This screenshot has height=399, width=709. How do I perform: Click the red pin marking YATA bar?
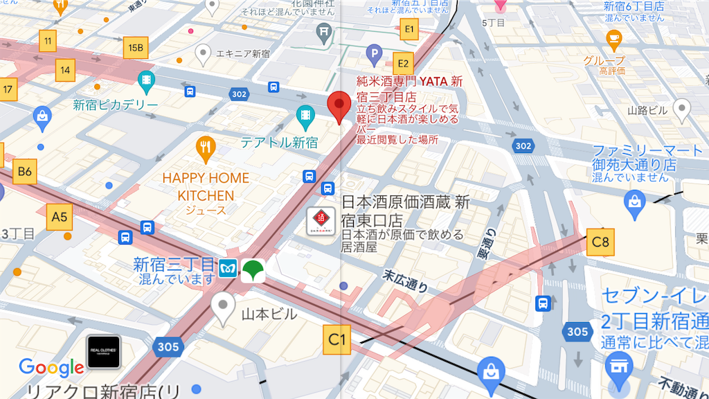[x=339, y=107]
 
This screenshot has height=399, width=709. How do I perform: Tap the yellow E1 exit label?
[x=409, y=29]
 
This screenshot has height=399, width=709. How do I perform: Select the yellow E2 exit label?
[x=402, y=62]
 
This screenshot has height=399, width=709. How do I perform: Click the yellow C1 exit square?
[x=336, y=339]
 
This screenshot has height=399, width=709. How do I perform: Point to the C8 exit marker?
[x=600, y=242]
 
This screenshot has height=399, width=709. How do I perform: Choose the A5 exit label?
[x=60, y=218]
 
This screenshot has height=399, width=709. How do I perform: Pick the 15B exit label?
[x=136, y=48]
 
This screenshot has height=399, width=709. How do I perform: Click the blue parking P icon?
[x=374, y=52]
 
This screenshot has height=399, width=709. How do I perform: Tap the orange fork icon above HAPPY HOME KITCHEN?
[x=206, y=145]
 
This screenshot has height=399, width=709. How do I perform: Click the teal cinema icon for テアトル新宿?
[x=305, y=115]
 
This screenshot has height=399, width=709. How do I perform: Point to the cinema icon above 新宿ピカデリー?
[x=146, y=80]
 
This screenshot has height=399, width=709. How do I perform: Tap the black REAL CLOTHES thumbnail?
[x=104, y=352]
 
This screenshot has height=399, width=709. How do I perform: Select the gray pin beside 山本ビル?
[x=223, y=307]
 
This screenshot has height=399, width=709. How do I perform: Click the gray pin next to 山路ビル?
[x=682, y=109]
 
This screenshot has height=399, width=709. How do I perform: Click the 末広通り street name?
[x=405, y=281]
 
